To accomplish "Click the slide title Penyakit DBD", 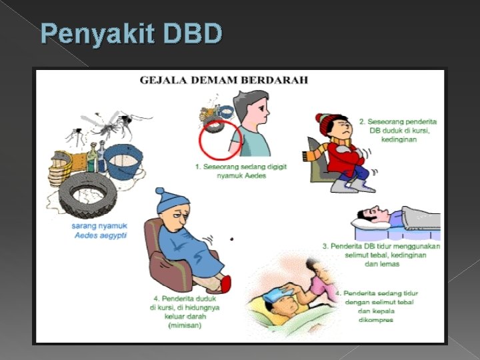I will [131, 33].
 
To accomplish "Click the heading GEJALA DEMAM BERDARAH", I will [224, 81].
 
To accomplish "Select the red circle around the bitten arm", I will [221, 138].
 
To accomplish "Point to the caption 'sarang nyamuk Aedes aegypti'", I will [99, 231].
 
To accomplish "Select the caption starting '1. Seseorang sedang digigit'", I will [241, 171].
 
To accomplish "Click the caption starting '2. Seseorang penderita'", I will [398, 131].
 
